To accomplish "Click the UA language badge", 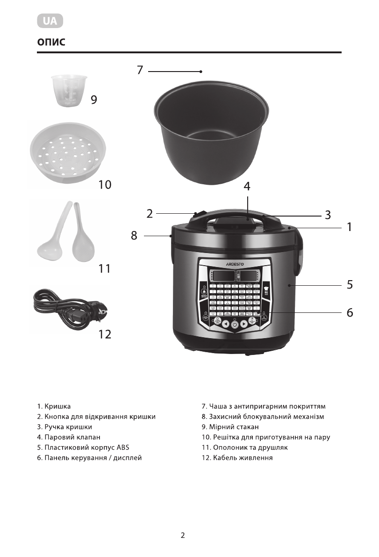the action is [x=50, y=21].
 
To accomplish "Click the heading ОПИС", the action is [x=51, y=43].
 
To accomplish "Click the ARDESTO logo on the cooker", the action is [x=235, y=264].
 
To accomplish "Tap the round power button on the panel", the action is [x=235, y=325].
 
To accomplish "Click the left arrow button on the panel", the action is [x=225, y=324].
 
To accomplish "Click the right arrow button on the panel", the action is [x=244, y=324].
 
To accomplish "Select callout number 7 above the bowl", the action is [x=140, y=71].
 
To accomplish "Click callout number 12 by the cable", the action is [x=105, y=334].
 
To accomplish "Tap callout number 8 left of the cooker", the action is [x=134, y=236].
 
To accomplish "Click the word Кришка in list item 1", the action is [x=58, y=406].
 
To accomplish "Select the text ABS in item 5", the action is [x=123, y=448].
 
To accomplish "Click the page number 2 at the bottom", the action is [x=183, y=535].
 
